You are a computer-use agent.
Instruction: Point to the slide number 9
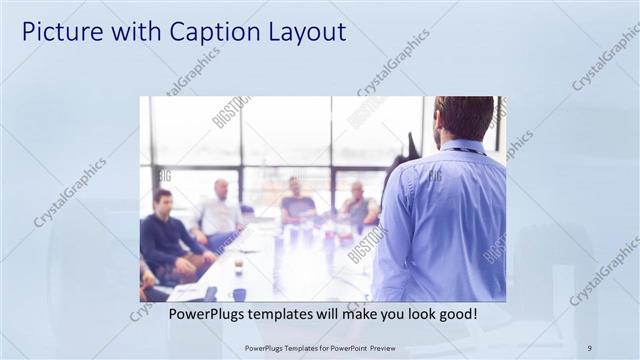point(590,347)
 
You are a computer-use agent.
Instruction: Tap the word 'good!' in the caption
point(454,313)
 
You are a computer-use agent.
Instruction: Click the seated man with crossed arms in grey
point(357,205)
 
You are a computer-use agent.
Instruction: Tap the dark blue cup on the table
point(239,294)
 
